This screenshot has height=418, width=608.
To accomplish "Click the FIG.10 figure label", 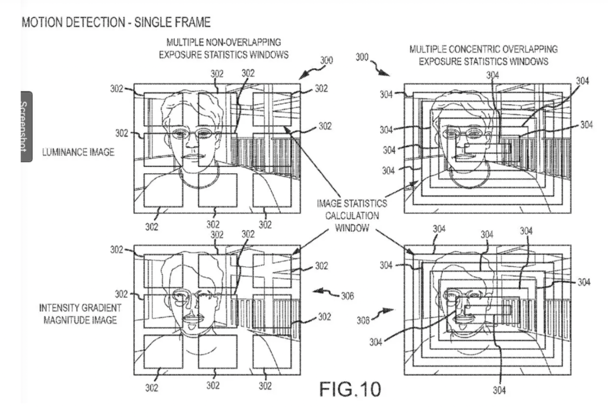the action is pyautogui.click(x=350, y=389).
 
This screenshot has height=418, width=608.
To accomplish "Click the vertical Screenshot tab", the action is pyautogui.click(x=26, y=126).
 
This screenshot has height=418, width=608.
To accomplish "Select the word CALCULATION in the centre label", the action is pyautogui.click(x=351, y=216).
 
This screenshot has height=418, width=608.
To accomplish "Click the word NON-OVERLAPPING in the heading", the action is pyautogui.click(x=242, y=42).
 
